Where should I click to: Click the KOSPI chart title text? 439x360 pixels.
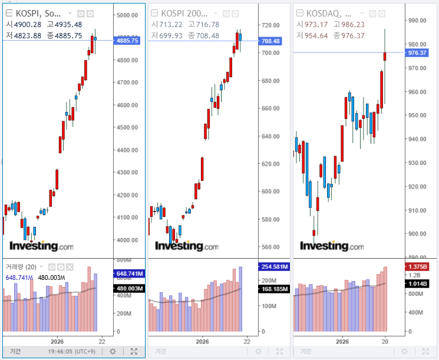pyautogui.click(x=40, y=13)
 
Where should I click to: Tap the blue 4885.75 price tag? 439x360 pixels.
pyautogui.click(x=128, y=41)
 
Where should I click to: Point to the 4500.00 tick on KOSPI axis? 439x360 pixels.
pyautogui.click(x=128, y=127)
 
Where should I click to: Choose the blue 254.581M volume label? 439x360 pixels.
pyautogui.click(x=273, y=266)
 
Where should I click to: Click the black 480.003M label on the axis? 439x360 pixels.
pyautogui.click(x=128, y=288)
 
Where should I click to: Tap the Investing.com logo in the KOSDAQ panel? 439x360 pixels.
pyautogui.click(x=334, y=246)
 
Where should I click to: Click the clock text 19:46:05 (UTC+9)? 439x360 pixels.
pyautogui.click(x=72, y=351)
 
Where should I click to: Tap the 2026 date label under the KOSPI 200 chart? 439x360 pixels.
pyautogui.click(x=203, y=341)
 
